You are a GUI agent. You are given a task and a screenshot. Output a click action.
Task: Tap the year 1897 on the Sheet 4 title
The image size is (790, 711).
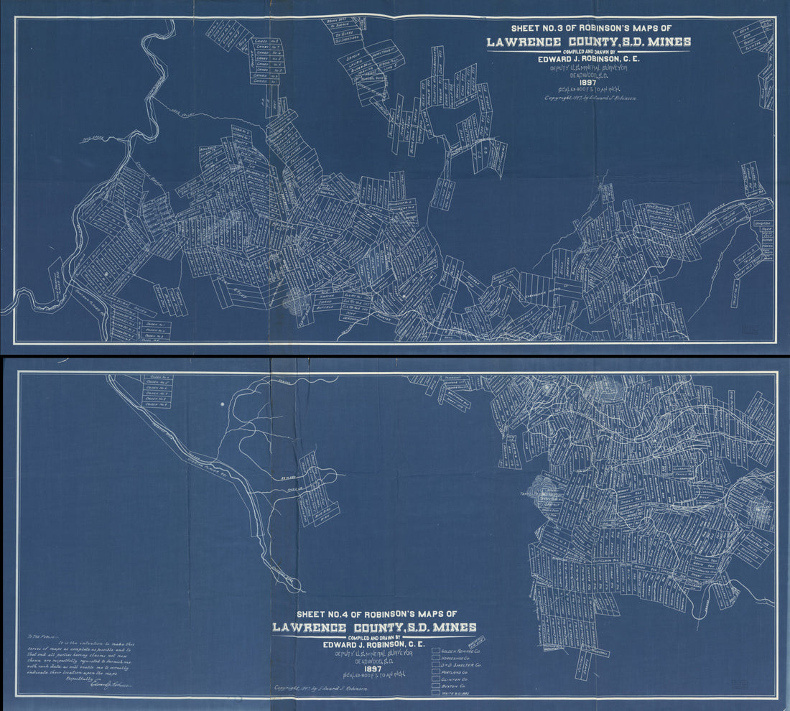click(373, 669)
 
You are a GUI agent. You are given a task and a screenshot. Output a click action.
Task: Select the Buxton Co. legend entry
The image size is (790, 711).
click(437, 696)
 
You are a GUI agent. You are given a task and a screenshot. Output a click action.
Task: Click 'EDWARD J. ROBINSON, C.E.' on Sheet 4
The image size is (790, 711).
click(373, 644)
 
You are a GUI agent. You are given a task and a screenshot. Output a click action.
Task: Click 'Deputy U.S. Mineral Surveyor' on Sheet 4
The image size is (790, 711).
click(373, 654)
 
